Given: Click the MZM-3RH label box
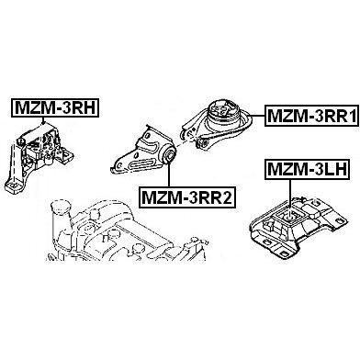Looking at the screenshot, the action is click(x=55, y=107).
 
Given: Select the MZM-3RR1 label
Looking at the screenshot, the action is click(x=312, y=116).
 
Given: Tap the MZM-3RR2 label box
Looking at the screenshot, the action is click(x=187, y=197).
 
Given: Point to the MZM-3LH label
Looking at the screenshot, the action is click(x=308, y=169).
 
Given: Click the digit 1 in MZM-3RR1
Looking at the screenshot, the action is click(x=351, y=116).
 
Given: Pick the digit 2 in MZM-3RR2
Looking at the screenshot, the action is click(x=227, y=197).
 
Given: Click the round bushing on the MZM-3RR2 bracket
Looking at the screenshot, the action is click(x=169, y=153).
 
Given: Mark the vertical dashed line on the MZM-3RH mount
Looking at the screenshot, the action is click(x=13, y=163).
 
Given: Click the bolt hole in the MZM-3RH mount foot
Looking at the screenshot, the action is click(x=12, y=186).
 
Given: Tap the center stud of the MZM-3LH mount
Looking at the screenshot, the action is click(x=288, y=218).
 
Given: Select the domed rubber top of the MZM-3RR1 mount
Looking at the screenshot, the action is click(x=224, y=110).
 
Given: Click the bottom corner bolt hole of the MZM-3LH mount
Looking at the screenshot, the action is click(x=284, y=253).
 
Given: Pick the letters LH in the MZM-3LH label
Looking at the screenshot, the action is click(x=335, y=169).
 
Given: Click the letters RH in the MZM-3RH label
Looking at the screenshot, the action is click(x=84, y=107).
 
